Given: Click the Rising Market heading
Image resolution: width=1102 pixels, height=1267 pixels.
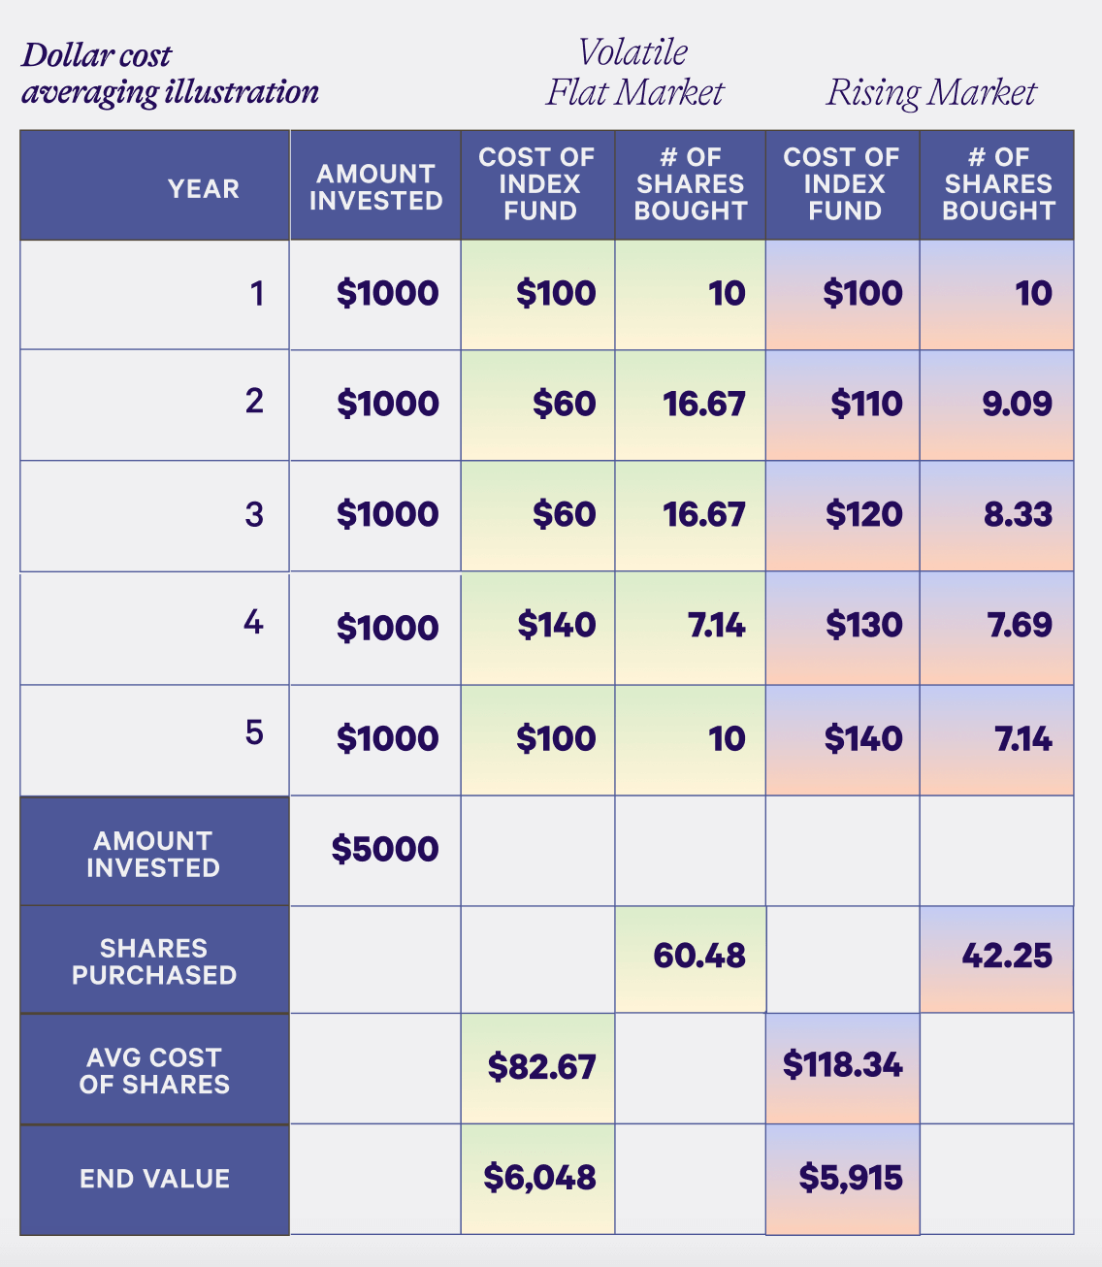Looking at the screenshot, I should [931, 93].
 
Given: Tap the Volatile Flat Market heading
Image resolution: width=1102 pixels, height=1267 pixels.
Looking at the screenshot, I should [634, 73].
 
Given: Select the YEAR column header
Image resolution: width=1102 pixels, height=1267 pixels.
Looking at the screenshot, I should [203, 188].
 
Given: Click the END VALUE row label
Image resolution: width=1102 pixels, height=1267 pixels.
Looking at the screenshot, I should [155, 1179].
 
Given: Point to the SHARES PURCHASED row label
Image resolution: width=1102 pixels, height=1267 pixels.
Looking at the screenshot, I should [154, 961].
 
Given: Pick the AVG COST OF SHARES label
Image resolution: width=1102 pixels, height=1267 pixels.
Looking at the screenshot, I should [154, 1071].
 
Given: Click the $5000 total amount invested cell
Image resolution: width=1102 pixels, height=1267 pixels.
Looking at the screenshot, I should [385, 850].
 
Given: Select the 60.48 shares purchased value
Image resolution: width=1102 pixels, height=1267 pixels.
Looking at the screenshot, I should [698, 957].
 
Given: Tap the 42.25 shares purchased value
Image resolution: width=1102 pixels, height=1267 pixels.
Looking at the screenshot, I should [1006, 957].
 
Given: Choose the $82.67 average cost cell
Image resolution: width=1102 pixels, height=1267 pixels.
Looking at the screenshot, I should [541, 1067].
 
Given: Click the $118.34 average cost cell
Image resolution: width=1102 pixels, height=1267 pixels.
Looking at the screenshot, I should [842, 1065].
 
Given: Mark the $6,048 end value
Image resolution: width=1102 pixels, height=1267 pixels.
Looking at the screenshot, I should [539, 1178].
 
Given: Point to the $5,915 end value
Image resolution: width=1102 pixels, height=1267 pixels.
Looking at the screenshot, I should [850, 1178].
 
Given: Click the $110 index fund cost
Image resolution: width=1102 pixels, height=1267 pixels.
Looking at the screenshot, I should [865, 404].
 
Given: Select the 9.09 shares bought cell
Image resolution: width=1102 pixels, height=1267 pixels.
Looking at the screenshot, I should [1017, 404].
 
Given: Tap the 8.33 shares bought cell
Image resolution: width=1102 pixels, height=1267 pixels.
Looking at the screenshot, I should [1018, 514].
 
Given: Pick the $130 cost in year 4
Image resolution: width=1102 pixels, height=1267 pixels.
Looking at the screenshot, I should [863, 625].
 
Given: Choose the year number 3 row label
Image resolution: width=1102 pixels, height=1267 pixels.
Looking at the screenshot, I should [254, 514].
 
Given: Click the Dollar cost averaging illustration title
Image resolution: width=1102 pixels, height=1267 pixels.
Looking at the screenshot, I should [170, 74].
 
